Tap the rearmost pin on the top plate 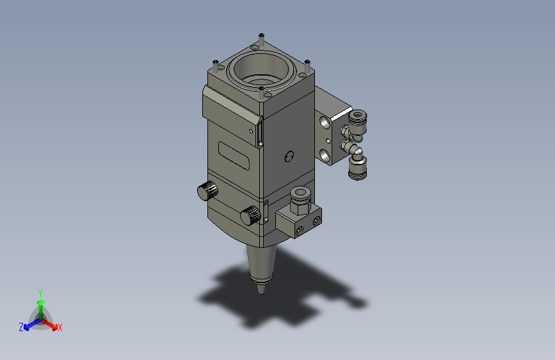click(261, 39)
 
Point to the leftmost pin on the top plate click(215, 66)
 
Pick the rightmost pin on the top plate click(307, 66)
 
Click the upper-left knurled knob click(207, 191)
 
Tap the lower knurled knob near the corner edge click(250, 215)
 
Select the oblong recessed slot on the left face click(234, 155)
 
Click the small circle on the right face click(289, 156)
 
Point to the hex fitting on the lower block click(300, 201)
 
